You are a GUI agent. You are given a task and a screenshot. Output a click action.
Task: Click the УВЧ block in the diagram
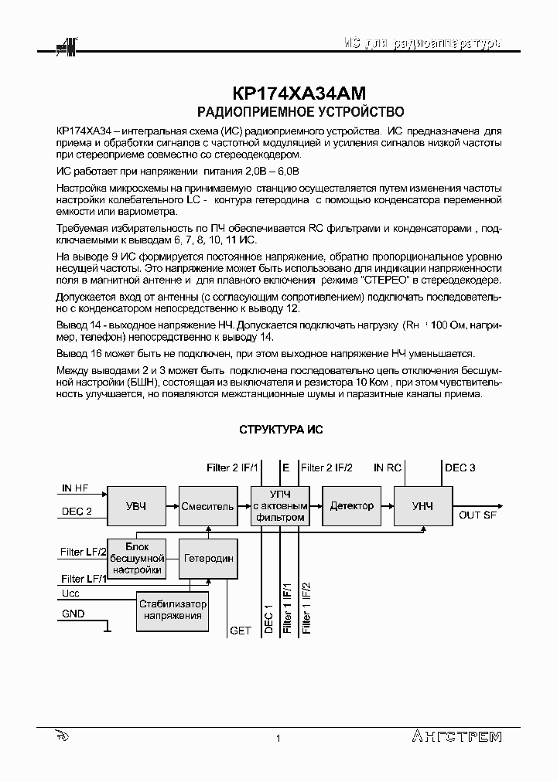click(135, 506)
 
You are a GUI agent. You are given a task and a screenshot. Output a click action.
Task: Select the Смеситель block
click(207, 506)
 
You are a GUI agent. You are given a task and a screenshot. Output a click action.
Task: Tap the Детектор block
click(351, 506)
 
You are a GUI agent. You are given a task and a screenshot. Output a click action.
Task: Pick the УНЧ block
click(422, 506)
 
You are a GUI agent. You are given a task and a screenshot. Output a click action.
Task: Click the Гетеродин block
click(207, 558)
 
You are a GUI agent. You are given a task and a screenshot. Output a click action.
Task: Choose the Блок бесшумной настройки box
click(136, 558)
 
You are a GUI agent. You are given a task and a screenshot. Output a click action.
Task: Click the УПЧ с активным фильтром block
click(279, 506)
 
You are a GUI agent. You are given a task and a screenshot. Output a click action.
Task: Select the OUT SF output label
click(478, 515)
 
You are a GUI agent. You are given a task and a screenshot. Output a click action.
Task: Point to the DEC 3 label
click(460, 467)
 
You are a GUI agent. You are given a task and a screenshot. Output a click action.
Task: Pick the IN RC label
click(388, 467)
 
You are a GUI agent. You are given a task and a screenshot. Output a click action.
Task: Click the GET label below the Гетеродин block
click(241, 631)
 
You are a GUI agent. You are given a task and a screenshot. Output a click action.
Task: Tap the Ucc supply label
click(70, 593)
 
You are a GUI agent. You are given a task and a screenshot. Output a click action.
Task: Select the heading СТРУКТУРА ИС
click(280, 430)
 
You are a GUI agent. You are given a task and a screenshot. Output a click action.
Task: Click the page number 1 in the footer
click(278, 739)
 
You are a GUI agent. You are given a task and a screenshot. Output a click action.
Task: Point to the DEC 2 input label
click(77, 511)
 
